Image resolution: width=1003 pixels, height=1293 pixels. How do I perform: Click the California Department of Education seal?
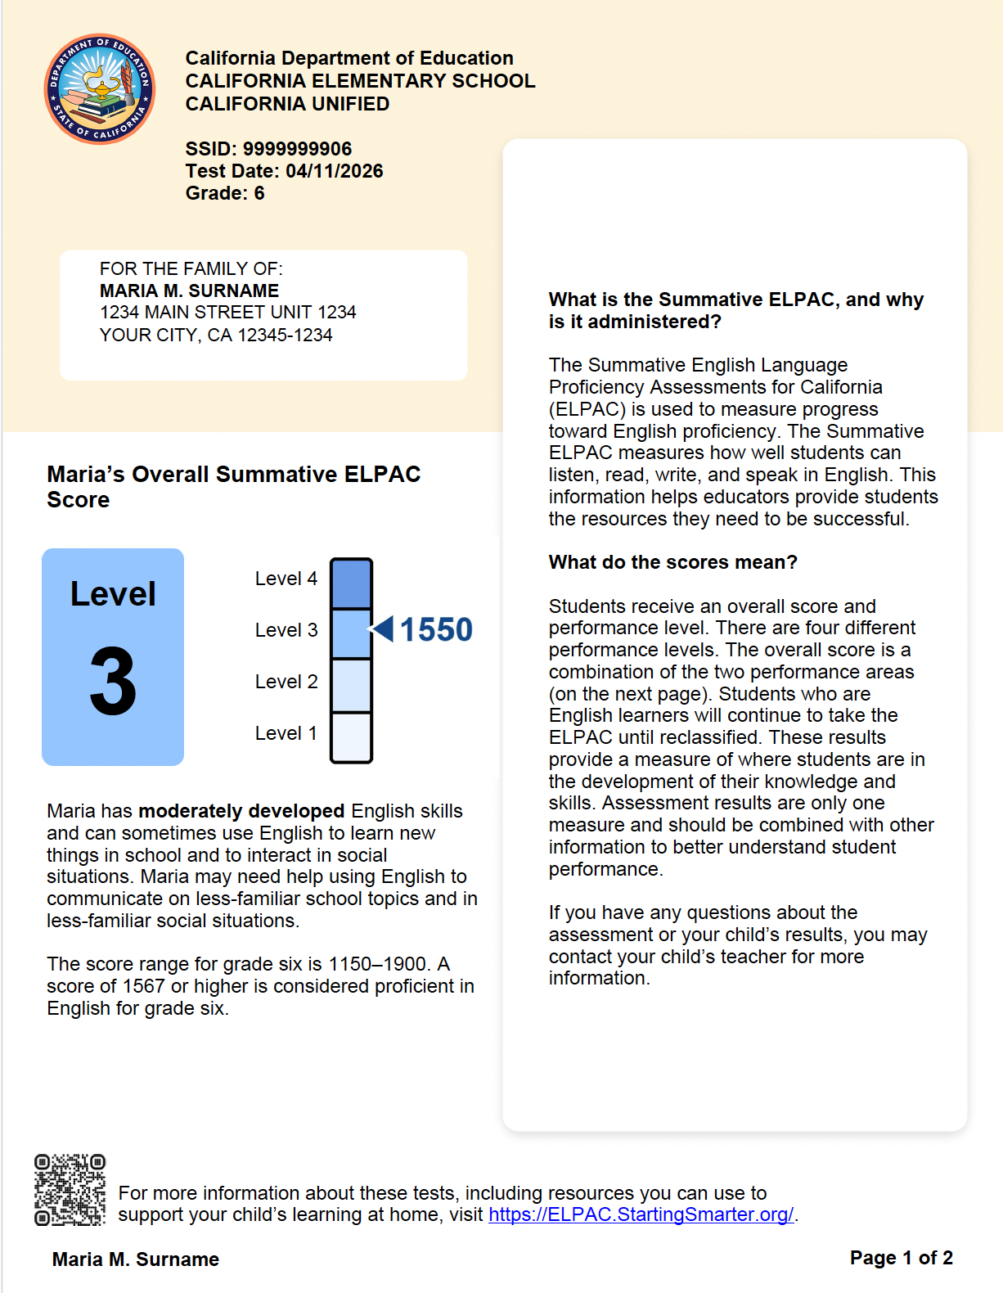point(100,88)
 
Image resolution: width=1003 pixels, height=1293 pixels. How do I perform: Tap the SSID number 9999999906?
point(297,148)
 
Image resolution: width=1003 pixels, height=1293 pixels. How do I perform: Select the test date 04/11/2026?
point(334,171)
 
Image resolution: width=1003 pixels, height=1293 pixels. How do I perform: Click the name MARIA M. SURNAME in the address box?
point(189,291)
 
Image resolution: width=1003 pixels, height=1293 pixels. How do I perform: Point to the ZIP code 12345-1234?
point(285,335)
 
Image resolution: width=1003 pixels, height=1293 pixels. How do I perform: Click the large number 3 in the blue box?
point(113,682)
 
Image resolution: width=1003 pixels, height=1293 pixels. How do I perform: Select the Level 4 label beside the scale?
point(286,579)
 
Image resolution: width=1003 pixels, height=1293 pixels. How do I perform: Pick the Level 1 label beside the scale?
point(286,733)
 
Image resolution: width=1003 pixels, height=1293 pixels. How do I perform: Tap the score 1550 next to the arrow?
point(436,629)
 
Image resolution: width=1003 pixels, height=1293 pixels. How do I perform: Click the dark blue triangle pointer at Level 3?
point(382,629)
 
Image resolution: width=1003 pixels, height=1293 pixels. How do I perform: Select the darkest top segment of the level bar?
point(351,583)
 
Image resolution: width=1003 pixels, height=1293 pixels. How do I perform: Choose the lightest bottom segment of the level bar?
point(351,737)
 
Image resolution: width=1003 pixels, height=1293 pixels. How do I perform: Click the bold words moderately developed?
point(241,811)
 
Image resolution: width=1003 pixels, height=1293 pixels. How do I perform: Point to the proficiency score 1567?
point(143,986)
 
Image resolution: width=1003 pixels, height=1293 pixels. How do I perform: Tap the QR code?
point(70,1189)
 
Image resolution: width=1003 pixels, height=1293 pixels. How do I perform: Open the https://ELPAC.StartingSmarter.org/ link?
point(641,1214)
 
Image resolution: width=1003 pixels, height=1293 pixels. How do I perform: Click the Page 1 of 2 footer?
point(902,1257)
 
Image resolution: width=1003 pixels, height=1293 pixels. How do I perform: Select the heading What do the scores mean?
point(673,562)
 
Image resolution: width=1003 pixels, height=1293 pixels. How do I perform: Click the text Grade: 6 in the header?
point(225,193)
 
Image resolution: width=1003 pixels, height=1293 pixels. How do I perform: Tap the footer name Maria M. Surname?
point(136,1259)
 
